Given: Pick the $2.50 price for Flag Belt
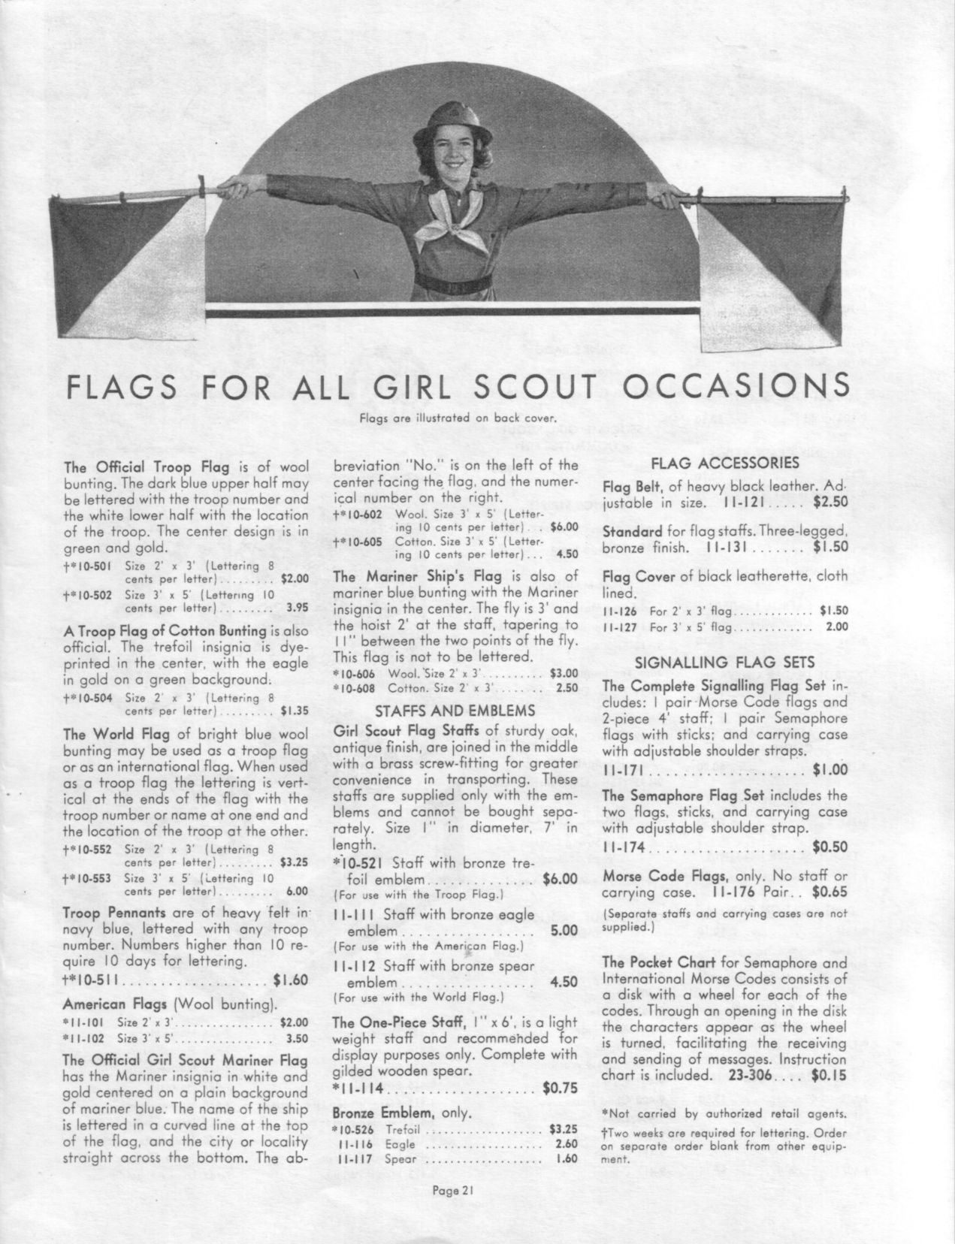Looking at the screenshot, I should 830,502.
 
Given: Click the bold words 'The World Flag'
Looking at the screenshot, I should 108,734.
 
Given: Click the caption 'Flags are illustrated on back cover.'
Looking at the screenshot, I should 458,418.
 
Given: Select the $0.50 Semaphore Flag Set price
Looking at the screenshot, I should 830,847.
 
